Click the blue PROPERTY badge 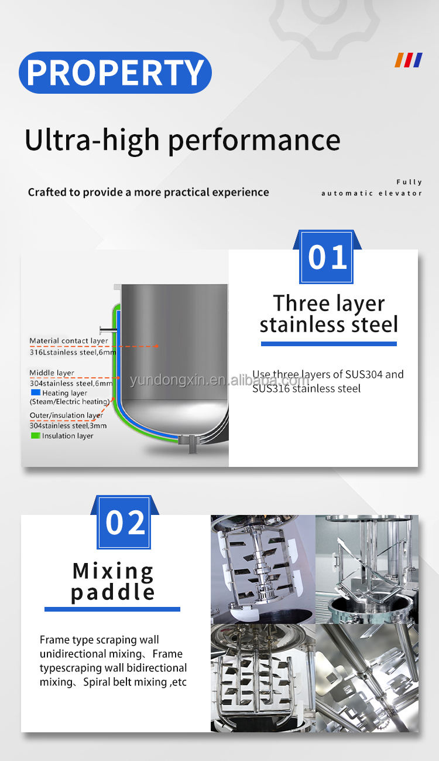[115, 73]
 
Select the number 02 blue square [124, 522]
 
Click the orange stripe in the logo [400, 60]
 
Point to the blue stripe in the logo [417, 60]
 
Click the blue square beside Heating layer [36, 393]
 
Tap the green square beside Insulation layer [36, 435]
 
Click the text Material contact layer [68, 341]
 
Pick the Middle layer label [52, 373]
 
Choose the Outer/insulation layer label [66, 415]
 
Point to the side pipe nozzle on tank [108, 329]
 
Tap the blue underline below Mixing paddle [112, 609]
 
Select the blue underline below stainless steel [328, 344]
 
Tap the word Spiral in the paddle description [96, 682]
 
